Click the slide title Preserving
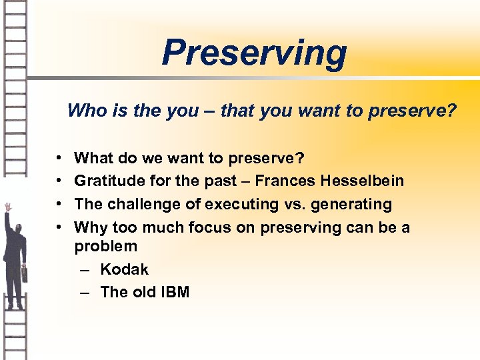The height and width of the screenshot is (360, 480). [254, 53]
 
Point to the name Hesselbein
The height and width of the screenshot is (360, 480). [364, 181]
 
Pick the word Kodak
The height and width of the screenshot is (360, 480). [125, 269]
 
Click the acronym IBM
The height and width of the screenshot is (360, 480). [175, 292]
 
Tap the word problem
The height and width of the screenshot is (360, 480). [105, 246]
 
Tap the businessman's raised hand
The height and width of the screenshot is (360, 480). [8, 207]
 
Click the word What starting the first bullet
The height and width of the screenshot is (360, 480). [92, 159]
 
